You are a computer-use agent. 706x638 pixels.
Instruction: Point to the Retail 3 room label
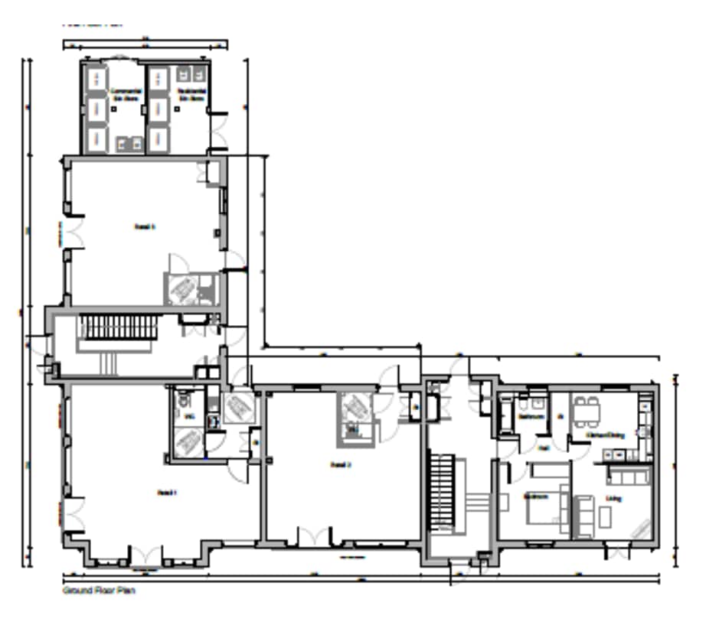point(145,226)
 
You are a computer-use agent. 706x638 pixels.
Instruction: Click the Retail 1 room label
point(167,492)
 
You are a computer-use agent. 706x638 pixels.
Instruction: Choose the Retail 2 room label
point(340,464)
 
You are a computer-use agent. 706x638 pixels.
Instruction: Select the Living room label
point(613,499)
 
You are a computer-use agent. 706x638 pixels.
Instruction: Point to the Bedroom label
point(535,496)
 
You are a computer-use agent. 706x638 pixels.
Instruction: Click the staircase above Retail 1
point(120,330)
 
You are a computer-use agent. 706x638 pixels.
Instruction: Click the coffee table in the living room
point(605,517)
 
